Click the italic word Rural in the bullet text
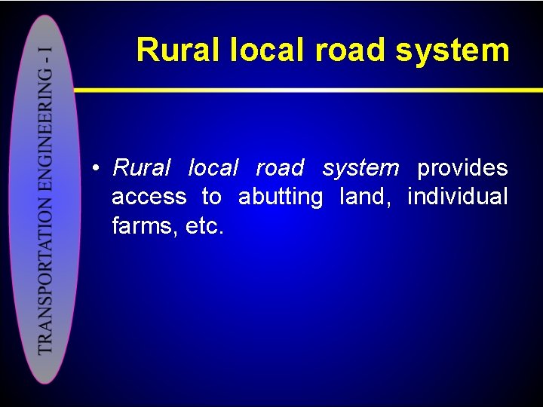(x=142, y=167)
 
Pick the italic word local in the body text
(x=213, y=167)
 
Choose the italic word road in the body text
(x=280, y=167)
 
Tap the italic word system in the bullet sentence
(x=360, y=167)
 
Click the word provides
(x=462, y=167)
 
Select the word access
(x=149, y=197)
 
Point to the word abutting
(x=281, y=197)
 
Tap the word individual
(x=457, y=197)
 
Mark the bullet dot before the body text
(x=97, y=168)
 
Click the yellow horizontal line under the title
(x=302, y=90)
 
